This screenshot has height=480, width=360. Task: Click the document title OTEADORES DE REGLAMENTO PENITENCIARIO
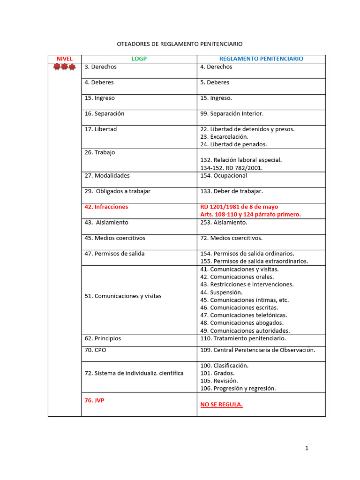coord(180,44)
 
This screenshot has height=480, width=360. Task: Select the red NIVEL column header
coord(65,59)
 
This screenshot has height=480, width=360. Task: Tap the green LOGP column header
coord(139,59)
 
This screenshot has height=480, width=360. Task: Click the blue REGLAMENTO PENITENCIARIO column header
coord(261,59)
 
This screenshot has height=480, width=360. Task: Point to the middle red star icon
coord(65,67)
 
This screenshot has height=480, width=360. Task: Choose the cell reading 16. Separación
coord(105,113)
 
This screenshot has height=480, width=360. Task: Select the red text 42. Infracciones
coord(106,207)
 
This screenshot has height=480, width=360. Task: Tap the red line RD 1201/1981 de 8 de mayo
coord(239,207)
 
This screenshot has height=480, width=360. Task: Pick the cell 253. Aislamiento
coord(224,222)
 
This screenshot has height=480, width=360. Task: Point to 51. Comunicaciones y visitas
coord(123,296)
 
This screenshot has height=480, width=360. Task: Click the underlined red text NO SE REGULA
coord(222,405)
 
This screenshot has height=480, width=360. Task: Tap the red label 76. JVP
coord(94,400)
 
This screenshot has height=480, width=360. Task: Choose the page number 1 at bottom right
coord(307,448)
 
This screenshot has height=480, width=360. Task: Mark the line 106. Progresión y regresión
coord(238,388)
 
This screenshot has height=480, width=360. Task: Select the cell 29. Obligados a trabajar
coord(118,191)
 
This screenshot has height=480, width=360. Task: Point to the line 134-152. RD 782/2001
coord(232,168)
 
